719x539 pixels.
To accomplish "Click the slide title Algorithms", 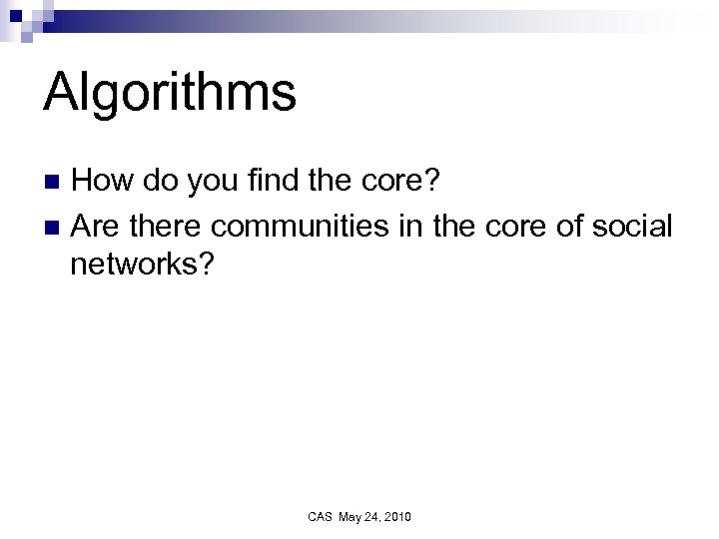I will pyautogui.click(x=170, y=94).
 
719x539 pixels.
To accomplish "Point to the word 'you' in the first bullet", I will pyautogui.click(x=216, y=184).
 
